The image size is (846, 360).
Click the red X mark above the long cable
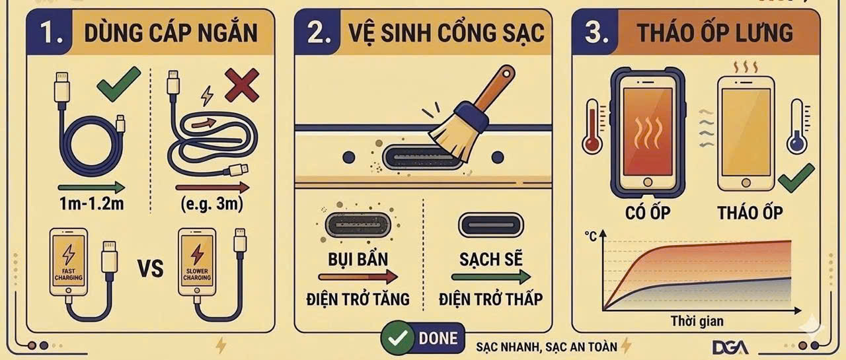click(242, 86)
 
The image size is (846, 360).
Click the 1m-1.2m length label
click(92, 203)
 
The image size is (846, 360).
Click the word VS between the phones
click(150, 268)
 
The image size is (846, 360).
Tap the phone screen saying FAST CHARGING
click(68, 262)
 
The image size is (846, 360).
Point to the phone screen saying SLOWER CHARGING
click(197, 262)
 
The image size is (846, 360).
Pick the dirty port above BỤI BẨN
click(358, 225)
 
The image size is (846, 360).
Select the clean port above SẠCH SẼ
click(490, 225)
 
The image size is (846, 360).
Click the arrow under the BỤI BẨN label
click(358, 277)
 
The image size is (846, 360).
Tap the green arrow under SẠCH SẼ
click(491, 277)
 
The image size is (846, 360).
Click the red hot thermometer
click(592, 127)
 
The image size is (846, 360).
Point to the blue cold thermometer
click(797, 127)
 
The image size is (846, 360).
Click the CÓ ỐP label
click(648, 213)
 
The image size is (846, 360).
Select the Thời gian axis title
click(697, 321)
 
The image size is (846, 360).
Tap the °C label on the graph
click(590, 236)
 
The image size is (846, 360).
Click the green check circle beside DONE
click(397, 338)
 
